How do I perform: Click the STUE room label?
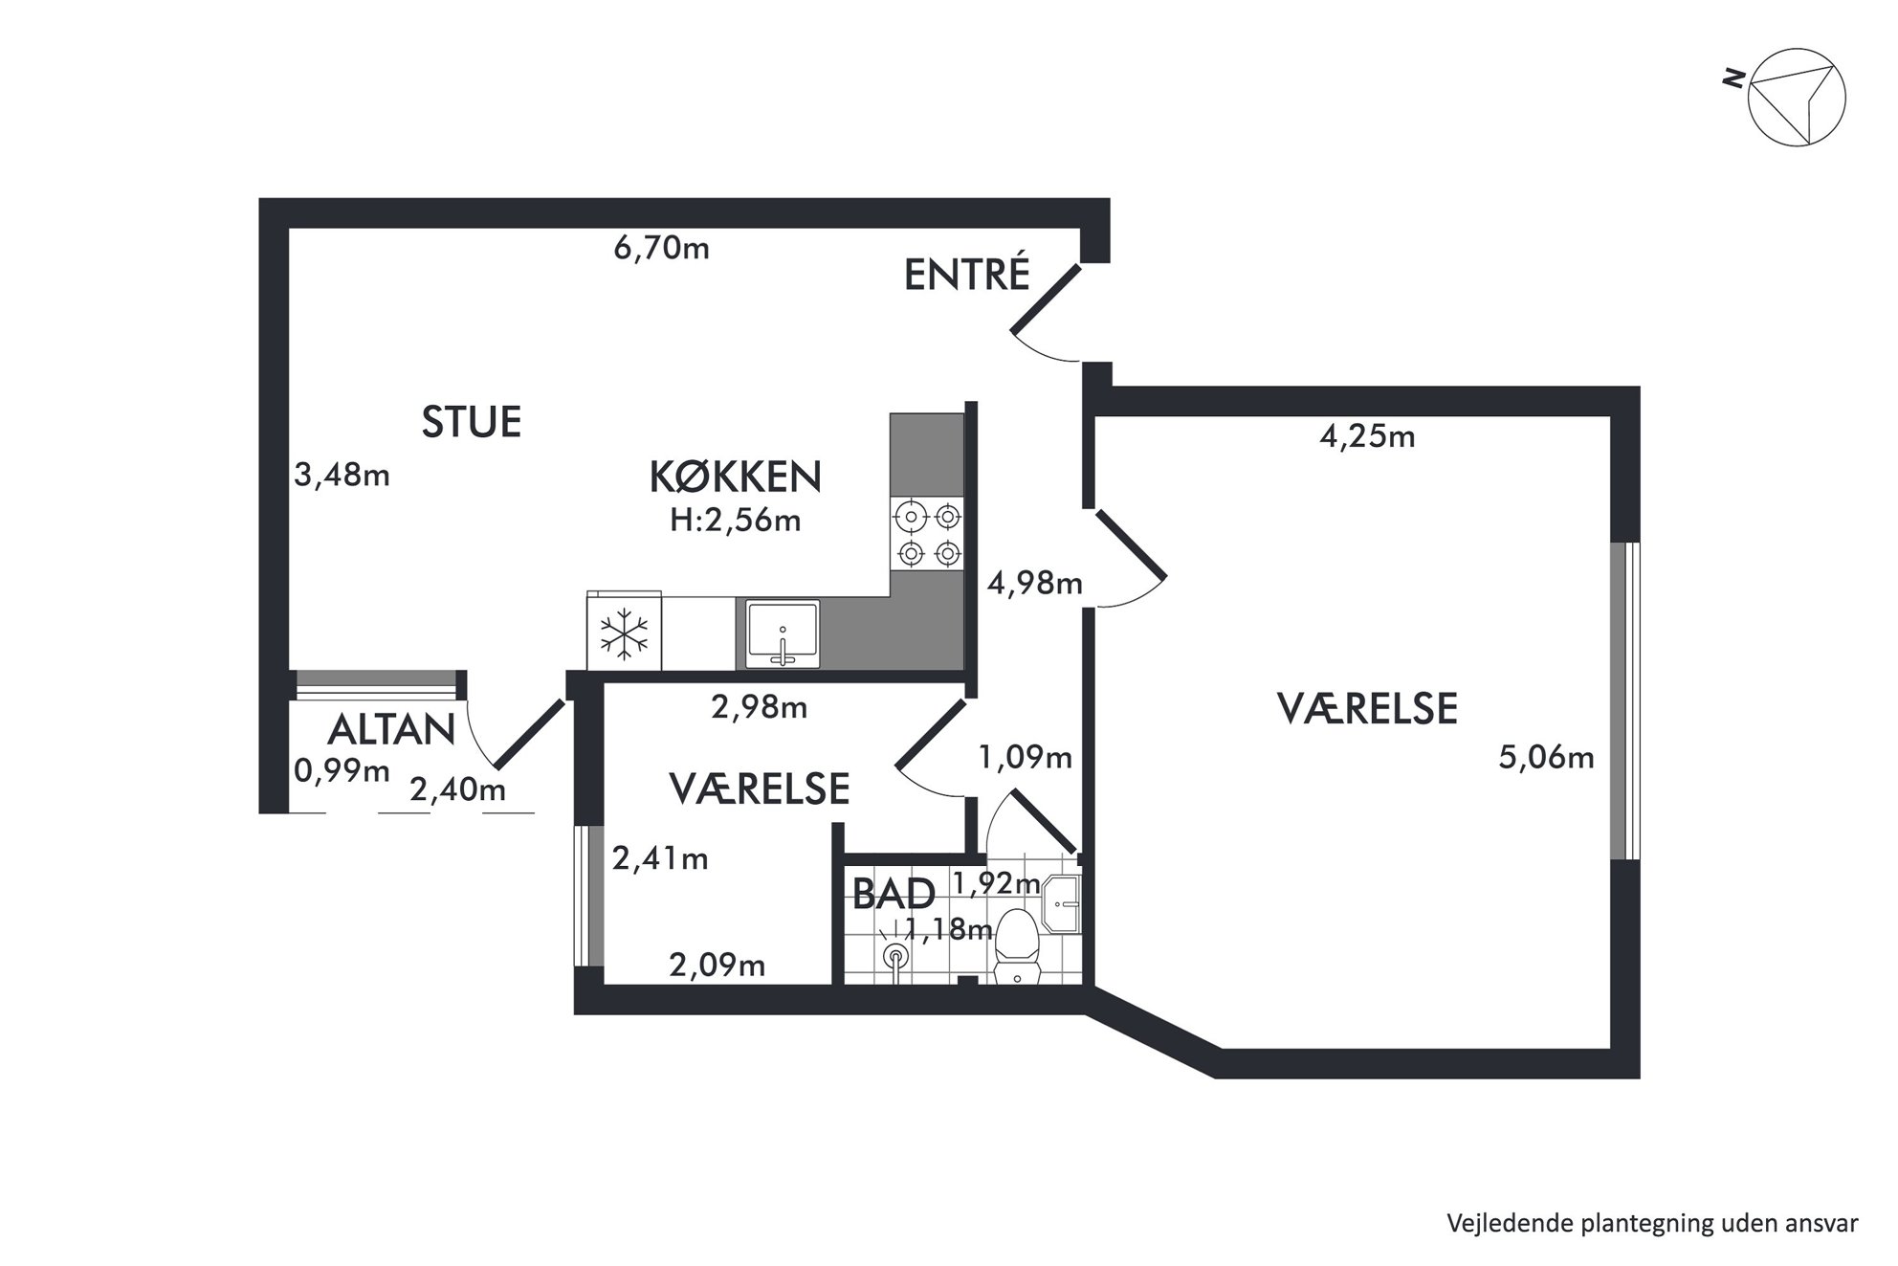tap(472, 422)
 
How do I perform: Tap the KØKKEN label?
tap(735, 477)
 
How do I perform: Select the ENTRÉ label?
tap(966, 275)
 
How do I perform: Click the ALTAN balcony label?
tap(391, 730)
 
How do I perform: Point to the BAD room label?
tap(894, 895)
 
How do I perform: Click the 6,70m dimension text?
tap(661, 249)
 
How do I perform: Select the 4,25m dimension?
tap(1367, 437)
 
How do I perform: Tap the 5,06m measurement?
tap(1546, 758)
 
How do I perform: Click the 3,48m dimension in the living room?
tap(342, 475)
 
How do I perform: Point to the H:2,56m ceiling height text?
tap(735, 522)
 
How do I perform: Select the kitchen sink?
tap(783, 633)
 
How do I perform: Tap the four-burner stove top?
tap(927, 534)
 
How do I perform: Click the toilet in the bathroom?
tap(1017, 945)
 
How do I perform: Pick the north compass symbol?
tap(1797, 98)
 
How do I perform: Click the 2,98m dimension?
tap(759, 707)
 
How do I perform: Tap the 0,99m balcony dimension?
tap(342, 770)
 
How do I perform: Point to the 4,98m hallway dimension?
tap(1035, 583)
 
